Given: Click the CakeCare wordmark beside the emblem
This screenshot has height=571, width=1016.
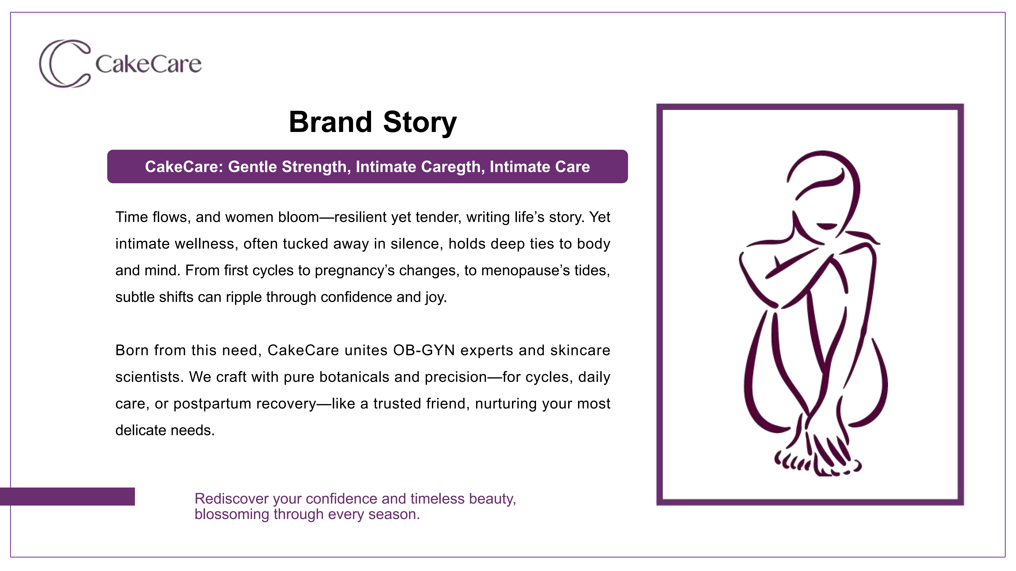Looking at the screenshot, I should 148,64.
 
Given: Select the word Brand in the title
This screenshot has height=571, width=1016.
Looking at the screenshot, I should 331,122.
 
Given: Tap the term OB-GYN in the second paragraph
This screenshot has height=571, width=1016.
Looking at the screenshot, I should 424,350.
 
